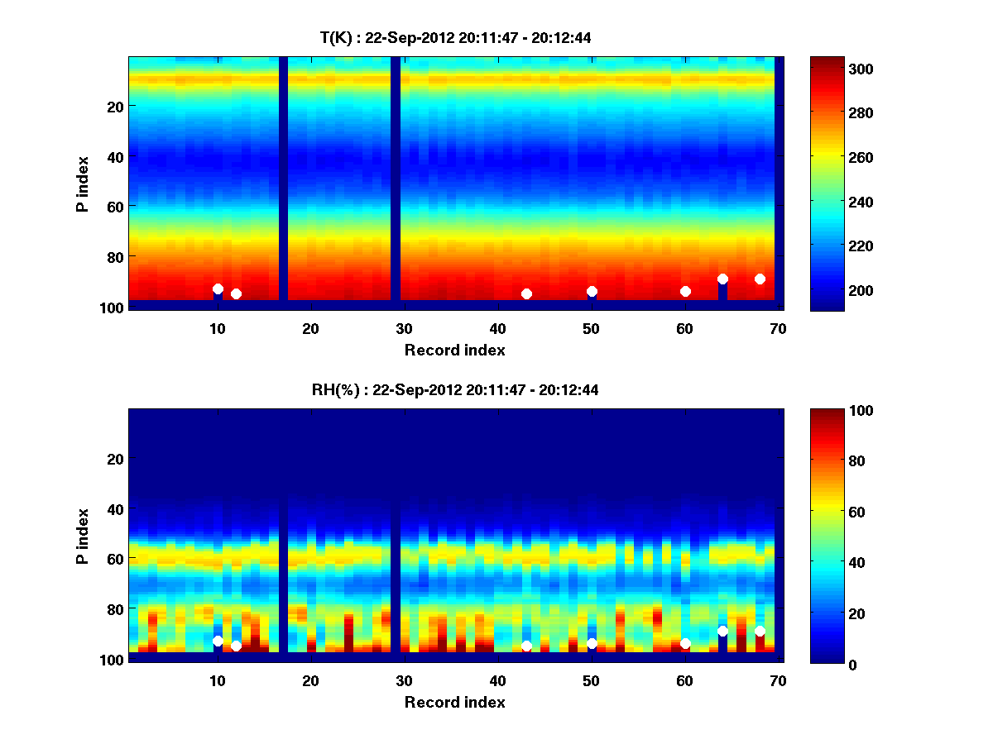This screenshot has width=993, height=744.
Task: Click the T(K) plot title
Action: point(455,37)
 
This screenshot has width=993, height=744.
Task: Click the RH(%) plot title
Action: point(455,390)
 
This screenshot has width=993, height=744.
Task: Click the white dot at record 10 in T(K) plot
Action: point(218,289)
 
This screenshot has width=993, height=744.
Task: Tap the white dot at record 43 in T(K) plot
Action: point(526,293)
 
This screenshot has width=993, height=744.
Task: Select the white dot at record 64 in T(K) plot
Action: point(722,279)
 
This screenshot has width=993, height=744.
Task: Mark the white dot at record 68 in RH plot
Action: point(760,632)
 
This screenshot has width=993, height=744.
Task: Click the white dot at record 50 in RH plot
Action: point(592,643)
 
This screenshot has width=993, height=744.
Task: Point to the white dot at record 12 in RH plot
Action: point(236,646)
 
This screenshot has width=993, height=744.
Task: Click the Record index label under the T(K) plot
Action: point(454,350)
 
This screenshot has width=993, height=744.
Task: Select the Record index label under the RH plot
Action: point(454,702)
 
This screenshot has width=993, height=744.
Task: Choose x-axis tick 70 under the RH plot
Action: point(778,680)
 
